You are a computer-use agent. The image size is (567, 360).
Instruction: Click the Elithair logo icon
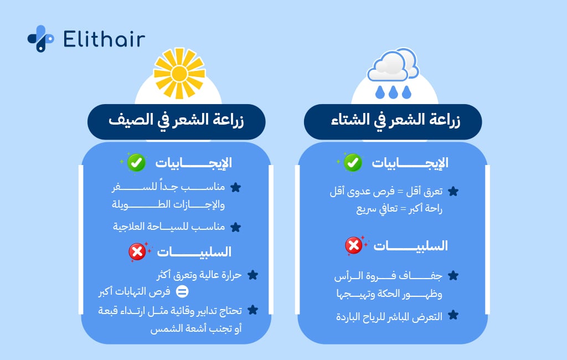coord(40,39)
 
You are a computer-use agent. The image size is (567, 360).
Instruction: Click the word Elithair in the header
coord(104,39)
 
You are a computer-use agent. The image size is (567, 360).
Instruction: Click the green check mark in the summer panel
coord(136,163)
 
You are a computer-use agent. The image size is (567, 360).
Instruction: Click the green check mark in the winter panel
coord(352,163)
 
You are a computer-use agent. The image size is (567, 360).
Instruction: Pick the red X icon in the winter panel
coord(353,245)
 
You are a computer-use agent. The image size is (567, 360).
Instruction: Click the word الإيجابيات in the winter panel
coord(409,163)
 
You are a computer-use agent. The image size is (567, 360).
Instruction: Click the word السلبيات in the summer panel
coord(194,253)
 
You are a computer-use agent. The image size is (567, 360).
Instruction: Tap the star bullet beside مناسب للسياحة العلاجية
coord(235,227)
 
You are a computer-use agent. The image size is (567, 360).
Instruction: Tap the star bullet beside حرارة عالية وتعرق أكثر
coord(252,275)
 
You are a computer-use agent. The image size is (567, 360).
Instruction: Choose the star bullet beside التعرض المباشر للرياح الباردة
coord(453,316)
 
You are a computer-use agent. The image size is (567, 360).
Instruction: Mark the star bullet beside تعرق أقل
coord(453,192)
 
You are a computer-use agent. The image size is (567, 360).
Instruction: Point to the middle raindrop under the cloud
coord(393,92)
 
